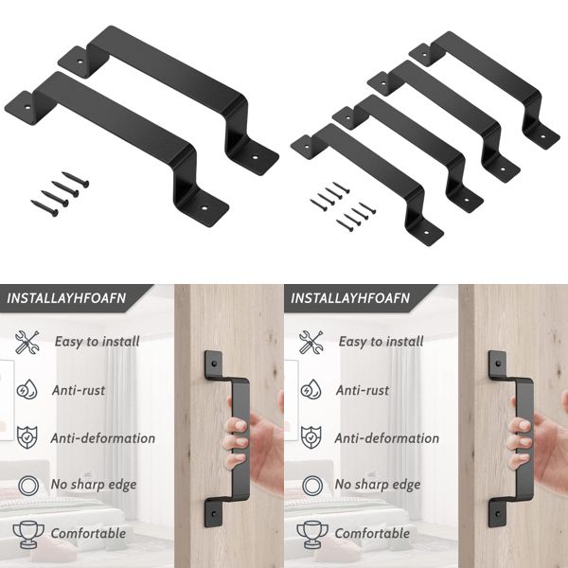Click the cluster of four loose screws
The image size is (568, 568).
pyautogui.click(x=57, y=192)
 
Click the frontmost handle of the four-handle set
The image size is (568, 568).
pyautogui.click(x=369, y=180)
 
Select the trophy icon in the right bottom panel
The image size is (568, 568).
pyautogui.click(x=311, y=532)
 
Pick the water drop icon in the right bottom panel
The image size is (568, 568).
pyautogui.click(x=311, y=389)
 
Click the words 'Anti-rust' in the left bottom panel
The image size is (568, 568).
pyautogui.click(x=79, y=389)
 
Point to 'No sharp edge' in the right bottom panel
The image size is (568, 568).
pyautogui.click(x=379, y=485)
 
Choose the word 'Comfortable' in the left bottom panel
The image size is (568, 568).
pyautogui.click(x=89, y=533)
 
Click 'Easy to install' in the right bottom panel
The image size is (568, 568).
pyautogui.click(x=381, y=342)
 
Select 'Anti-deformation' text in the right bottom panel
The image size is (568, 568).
pyautogui.click(x=387, y=438)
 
